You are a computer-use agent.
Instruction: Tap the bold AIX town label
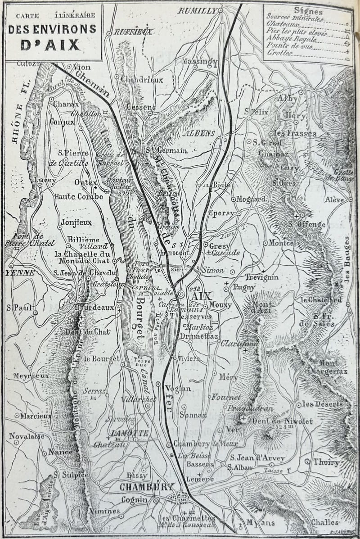198,297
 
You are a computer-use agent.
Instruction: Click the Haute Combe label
73,196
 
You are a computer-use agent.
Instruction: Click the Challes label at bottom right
324,522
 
